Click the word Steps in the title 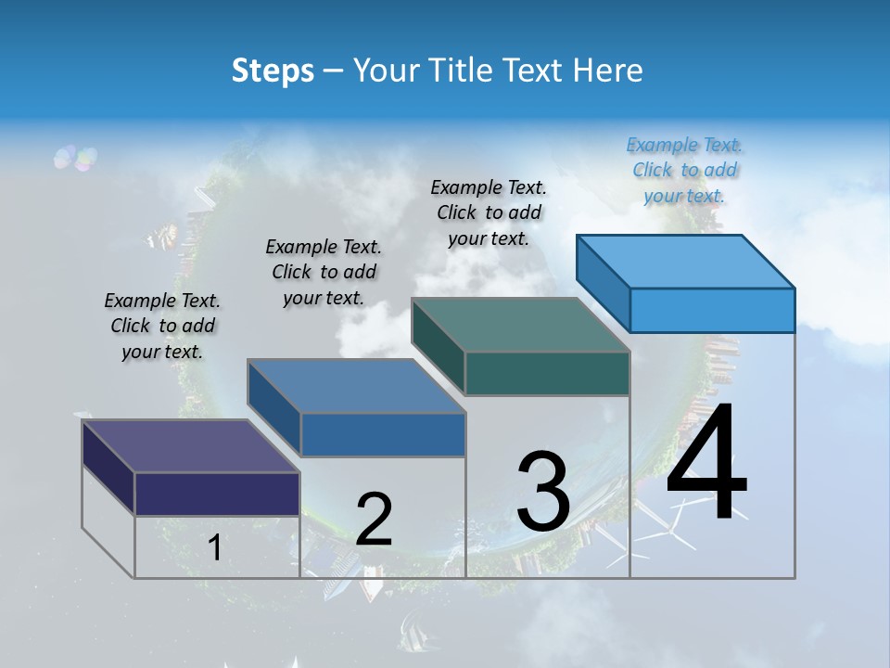(273, 71)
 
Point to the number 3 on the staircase (542, 491)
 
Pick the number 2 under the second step (374, 519)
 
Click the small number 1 (215, 548)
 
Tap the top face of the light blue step (685, 262)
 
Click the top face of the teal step (520, 325)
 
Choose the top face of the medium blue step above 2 (356, 386)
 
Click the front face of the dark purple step (217, 494)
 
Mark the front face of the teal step (547, 373)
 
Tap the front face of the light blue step (712, 310)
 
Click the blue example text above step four (684, 170)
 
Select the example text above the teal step (489, 212)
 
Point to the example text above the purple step (162, 326)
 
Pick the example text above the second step (324, 272)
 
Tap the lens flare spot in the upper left (75, 158)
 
